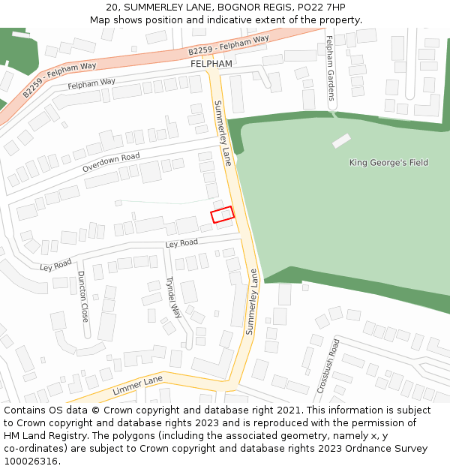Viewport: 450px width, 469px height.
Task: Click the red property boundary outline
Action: pos(223,215)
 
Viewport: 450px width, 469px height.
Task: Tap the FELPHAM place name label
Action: pos(211,64)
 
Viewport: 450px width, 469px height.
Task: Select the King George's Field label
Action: pos(388,162)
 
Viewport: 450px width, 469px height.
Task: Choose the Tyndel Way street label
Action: pos(173,298)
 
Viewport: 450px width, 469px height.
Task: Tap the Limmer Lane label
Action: pos(137,386)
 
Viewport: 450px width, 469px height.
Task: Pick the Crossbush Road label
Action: pos(328,365)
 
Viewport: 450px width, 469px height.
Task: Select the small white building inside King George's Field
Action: pos(341,140)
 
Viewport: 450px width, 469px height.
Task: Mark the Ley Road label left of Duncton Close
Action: pos(55,264)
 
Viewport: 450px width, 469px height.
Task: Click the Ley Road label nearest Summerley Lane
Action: pos(181,244)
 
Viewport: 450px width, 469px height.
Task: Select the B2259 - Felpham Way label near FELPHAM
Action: pos(229,45)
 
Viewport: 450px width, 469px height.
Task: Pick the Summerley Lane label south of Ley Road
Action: pos(252,301)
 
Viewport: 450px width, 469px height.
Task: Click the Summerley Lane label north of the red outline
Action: pos(223,133)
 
